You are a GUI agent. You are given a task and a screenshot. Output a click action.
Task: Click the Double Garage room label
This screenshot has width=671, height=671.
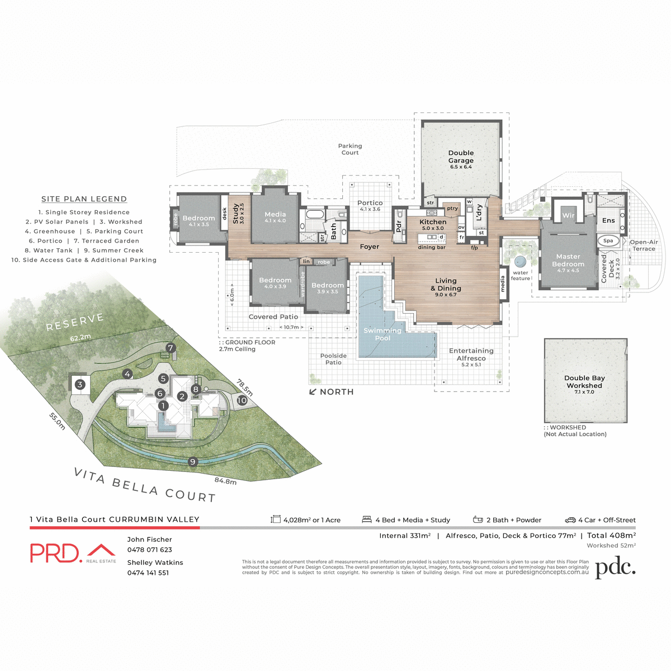pos(461,157)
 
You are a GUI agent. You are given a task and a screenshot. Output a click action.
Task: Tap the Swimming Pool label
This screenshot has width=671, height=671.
pos(382,334)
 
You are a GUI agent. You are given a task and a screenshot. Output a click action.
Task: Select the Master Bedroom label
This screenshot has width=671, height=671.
pos(568,261)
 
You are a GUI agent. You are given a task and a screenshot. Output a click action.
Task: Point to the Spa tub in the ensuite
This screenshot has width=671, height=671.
pos(608,241)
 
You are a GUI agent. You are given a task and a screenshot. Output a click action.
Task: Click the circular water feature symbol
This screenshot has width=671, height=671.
pos(521,261)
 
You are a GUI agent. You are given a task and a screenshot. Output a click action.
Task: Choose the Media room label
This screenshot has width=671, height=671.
pos(275,215)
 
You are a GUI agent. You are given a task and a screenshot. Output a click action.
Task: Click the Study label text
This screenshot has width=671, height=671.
pos(235,214)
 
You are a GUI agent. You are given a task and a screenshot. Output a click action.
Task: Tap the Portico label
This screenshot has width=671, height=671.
pos(370,203)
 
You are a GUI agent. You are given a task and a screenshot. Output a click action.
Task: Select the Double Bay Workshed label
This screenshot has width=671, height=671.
pos(584,382)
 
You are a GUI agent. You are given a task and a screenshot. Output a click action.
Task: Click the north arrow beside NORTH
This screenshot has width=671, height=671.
pos(313,392)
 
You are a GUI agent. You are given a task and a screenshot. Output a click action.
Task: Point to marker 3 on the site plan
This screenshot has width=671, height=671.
pos(80,385)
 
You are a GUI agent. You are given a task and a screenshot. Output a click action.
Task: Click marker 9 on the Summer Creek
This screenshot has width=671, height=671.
pos(193,461)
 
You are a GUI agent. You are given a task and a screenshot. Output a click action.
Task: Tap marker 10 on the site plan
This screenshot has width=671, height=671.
pos(242,400)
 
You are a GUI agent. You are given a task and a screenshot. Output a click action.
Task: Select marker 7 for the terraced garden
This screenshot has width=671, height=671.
pos(171,348)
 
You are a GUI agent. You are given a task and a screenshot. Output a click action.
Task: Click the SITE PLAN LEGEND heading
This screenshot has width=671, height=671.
pos(84,199)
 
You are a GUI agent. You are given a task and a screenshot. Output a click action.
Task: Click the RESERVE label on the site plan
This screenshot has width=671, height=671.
pos(75,322)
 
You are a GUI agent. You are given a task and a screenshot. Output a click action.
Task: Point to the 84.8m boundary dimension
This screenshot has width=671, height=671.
pos(225,481)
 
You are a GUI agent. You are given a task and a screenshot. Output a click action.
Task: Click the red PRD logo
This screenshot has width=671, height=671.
pos(56,552)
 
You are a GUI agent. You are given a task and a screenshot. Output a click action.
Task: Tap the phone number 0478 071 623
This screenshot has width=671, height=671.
pos(149,550)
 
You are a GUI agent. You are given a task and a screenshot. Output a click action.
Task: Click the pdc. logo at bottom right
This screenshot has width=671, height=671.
pos(615,568)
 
